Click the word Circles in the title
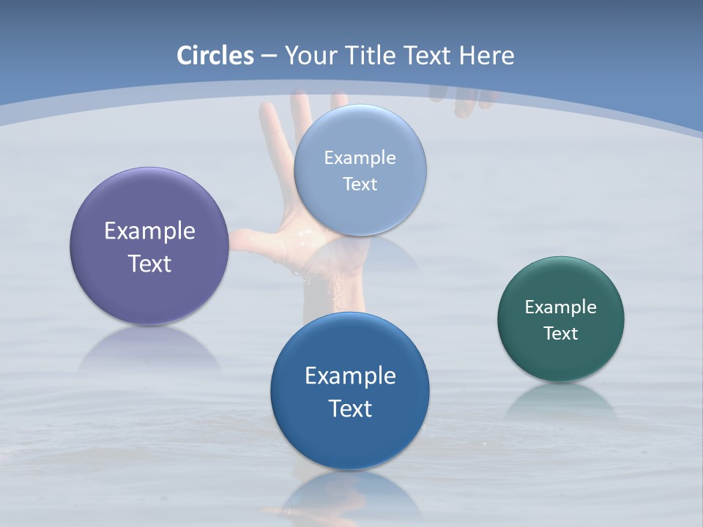point(215,56)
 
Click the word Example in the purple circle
point(149,231)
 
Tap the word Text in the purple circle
point(149,263)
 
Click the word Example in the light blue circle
point(360,158)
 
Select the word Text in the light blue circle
point(360,184)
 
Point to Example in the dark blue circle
point(350,376)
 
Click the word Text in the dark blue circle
point(350,408)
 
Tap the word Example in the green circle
point(561,307)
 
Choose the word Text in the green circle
point(561,334)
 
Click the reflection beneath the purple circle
point(149,351)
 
